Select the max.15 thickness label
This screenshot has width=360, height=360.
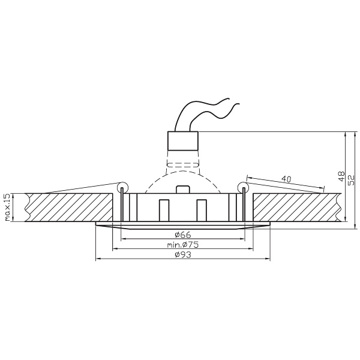point(8,208)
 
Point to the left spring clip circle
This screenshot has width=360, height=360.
point(122,187)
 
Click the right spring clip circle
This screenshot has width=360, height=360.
point(243,187)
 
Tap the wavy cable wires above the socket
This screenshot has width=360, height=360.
point(210,111)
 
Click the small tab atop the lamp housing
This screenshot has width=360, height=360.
point(182,188)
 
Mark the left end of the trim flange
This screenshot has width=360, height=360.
point(98,224)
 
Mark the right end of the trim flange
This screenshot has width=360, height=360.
point(268,224)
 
